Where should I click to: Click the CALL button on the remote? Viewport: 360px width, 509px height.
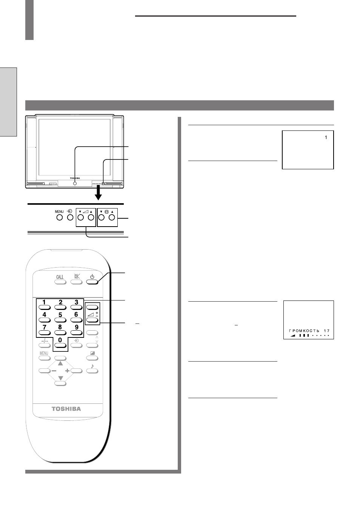tap(60, 282)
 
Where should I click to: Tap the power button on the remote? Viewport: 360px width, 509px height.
tap(92, 282)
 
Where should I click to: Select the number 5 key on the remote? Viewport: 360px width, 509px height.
tap(60, 320)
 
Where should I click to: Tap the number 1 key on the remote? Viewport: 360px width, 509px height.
tap(45, 307)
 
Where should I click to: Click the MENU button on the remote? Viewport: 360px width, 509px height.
tap(45, 358)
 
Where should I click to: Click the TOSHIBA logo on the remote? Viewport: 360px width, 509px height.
tap(66, 409)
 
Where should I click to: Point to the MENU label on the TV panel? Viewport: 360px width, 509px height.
tap(59, 212)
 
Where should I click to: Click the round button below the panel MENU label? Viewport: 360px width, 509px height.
tap(59, 218)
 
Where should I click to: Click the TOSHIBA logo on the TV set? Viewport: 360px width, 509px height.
tap(75, 178)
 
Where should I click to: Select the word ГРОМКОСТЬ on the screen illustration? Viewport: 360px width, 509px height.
tap(304, 331)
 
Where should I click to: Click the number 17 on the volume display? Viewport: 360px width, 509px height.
tap(327, 331)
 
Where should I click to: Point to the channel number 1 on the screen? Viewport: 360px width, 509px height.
tap(326, 138)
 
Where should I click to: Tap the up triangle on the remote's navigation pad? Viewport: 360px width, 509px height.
tap(60, 363)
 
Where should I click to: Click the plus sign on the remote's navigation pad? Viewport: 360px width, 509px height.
tap(67, 371)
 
